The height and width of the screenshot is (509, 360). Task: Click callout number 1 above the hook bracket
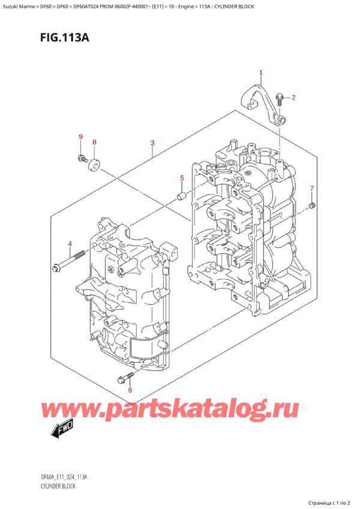[x=261, y=73]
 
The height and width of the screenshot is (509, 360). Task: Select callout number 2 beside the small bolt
[x=293, y=97]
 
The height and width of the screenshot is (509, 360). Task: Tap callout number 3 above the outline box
[x=152, y=143]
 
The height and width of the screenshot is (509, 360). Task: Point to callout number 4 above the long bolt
[x=70, y=244]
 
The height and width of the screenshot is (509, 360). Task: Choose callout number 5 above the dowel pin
[x=182, y=178]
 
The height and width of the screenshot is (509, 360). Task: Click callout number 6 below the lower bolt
[x=130, y=390]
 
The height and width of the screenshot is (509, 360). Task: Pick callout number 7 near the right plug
[x=312, y=188]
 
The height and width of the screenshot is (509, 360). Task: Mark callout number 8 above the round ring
[x=94, y=142]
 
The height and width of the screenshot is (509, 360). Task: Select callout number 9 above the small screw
[x=81, y=137]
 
